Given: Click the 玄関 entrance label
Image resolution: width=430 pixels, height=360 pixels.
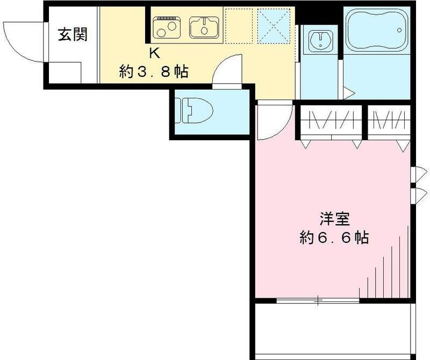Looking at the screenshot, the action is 73,34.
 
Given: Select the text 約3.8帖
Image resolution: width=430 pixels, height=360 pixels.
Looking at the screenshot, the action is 154,72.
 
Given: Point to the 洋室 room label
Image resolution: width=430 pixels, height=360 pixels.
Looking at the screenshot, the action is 334,219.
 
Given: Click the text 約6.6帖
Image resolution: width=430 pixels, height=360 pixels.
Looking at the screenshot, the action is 334,237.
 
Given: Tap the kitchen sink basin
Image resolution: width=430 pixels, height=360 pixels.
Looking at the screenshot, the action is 204,27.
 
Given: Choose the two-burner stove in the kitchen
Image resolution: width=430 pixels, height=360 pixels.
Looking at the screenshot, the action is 167,27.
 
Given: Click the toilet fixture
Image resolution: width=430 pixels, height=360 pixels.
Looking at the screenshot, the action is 194,111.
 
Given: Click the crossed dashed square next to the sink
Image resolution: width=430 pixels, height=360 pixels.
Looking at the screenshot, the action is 274,26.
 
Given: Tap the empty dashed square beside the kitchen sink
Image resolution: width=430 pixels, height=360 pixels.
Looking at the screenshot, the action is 239,26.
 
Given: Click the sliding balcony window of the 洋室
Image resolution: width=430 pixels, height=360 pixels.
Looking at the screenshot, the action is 318,300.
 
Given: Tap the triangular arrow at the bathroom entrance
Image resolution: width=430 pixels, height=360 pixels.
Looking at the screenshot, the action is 348,93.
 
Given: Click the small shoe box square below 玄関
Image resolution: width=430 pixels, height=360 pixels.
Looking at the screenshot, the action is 65,73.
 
